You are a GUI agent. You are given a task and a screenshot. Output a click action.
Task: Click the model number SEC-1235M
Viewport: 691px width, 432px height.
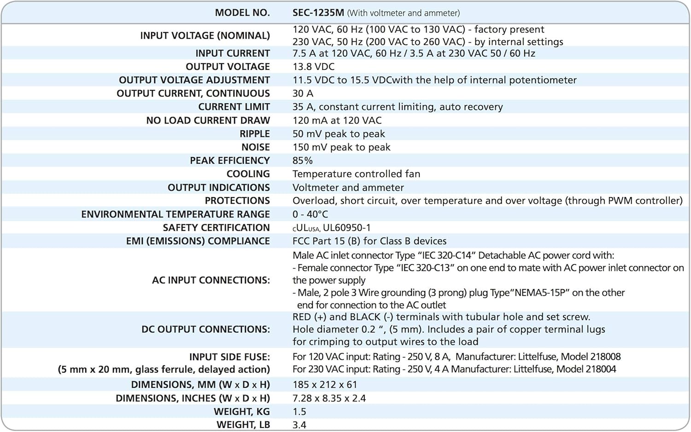click(318, 13)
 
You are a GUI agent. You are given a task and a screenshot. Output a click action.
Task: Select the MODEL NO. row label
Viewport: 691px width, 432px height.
click(242, 13)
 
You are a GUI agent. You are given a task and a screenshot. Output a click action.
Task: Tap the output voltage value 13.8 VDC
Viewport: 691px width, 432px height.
click(313, 67)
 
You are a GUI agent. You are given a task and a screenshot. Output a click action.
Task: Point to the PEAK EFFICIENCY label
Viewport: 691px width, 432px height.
click(229, 161)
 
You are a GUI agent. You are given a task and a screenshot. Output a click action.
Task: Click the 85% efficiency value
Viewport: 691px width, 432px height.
click(302, 161)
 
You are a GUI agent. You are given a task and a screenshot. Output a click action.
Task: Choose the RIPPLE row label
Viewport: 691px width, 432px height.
click(254, 134)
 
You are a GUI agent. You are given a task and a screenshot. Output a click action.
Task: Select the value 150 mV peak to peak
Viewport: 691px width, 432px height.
click(341, 147)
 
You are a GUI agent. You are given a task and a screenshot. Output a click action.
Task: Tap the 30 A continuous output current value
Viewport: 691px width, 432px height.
click(302, 93)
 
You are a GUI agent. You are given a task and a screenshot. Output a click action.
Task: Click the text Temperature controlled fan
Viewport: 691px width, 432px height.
click(356, 174)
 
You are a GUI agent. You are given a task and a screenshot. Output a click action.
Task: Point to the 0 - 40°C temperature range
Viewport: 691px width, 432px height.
click(310, 214)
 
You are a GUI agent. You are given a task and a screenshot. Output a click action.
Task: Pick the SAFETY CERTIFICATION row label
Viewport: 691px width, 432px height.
click(216, 228)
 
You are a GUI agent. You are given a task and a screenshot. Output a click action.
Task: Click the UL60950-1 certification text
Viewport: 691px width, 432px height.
click(346, 228)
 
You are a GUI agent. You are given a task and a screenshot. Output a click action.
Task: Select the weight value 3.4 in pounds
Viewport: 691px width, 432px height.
click(299, 425)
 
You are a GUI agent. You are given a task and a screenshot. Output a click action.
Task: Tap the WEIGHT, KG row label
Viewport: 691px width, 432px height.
click(241, 412)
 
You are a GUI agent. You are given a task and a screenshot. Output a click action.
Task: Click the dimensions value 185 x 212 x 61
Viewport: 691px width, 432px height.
click(325, 385)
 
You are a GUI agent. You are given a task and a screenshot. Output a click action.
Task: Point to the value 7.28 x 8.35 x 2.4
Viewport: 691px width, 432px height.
click(329, 398)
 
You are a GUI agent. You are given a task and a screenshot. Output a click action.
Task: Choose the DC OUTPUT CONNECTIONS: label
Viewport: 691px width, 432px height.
click(205, 330)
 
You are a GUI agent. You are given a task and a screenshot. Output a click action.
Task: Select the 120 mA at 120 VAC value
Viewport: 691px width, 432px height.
click(337, 121)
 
